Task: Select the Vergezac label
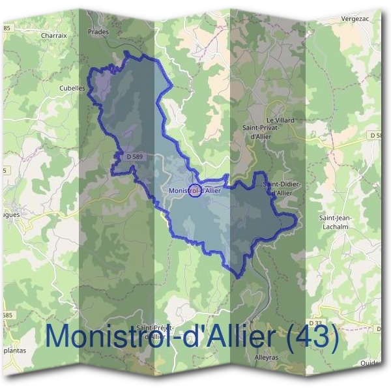tap(355, 20)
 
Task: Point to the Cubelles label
tap(72, 88)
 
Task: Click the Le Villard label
tap(281, 121)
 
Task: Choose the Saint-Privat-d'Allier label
tap(261, 132)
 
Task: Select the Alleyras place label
tap(267, 358)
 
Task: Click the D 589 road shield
tap(134, 157)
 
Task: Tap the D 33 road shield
tap(315, 323)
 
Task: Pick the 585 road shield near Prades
tap(7, 28)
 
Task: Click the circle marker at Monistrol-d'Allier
tap(194, 192)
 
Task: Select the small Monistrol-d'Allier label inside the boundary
tap(194, 191)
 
